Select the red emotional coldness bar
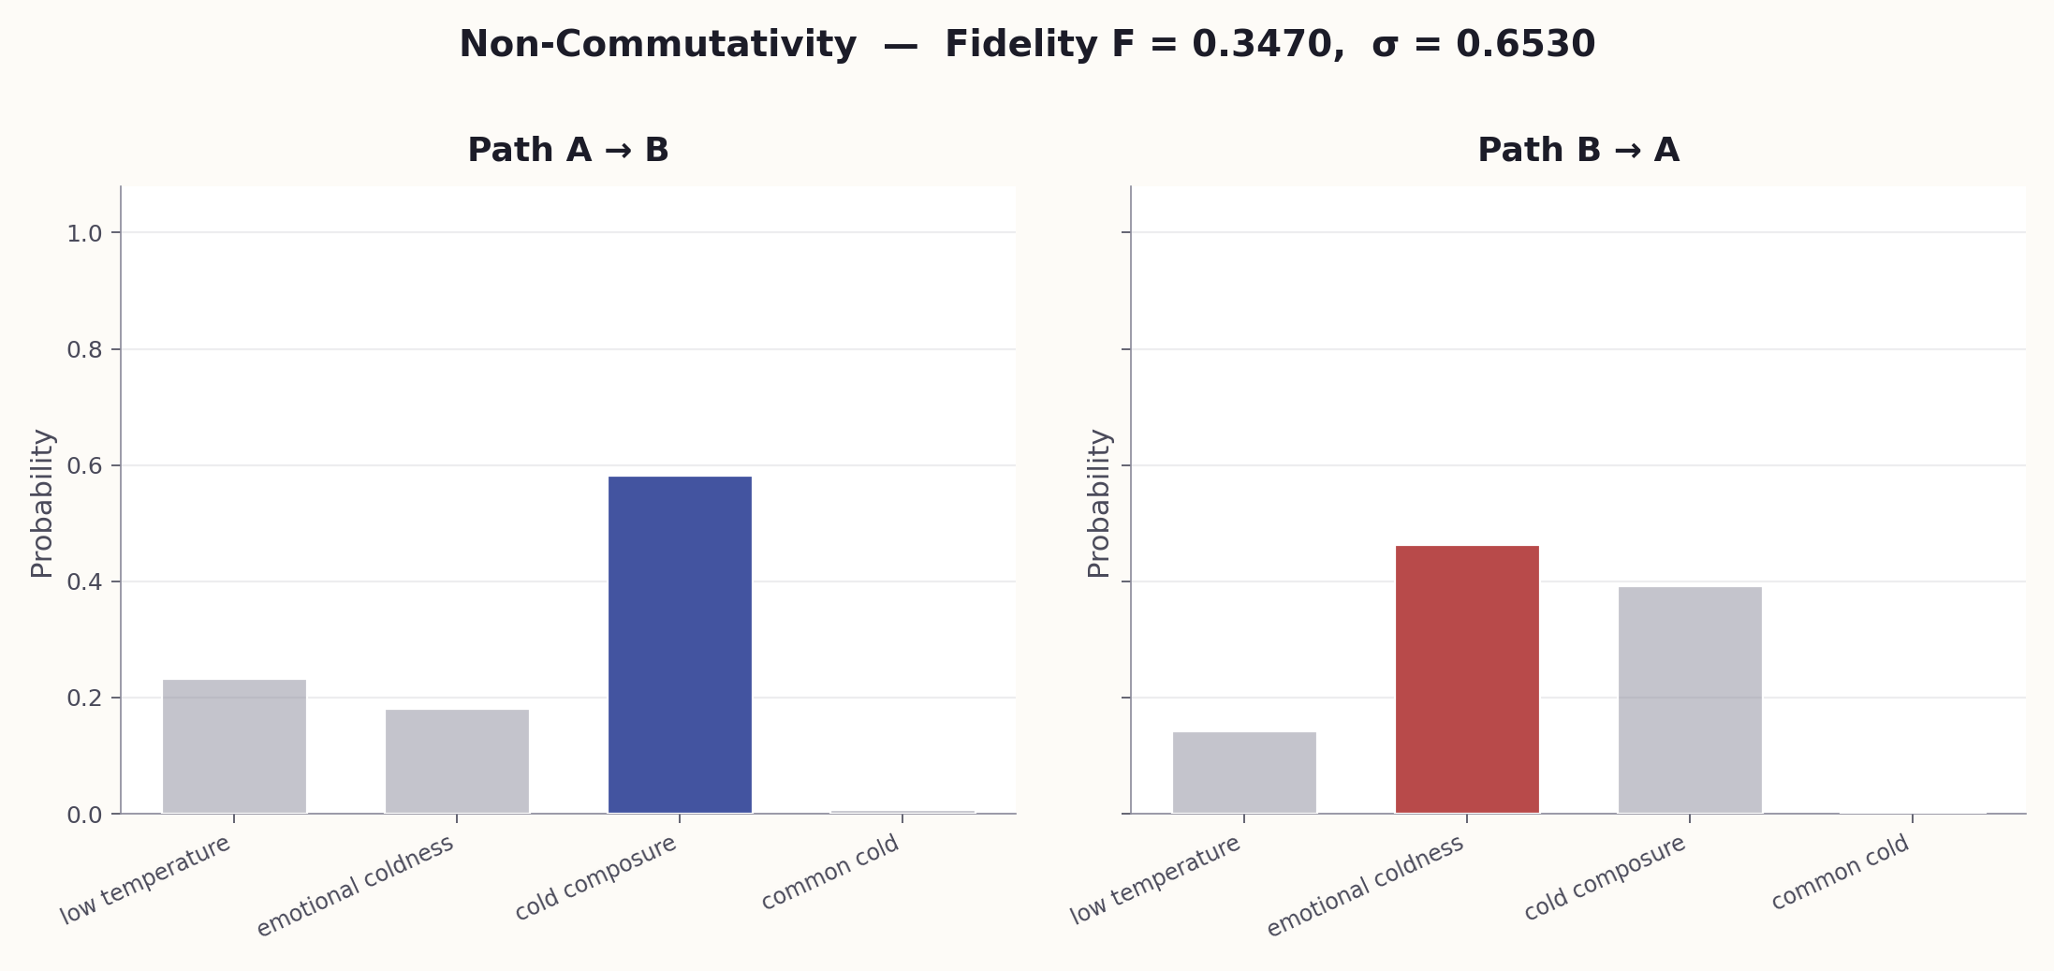[x=1467, y=679]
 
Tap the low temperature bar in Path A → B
[x=234, y=746]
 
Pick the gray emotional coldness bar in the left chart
[x=457, y=761]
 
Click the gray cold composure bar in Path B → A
[x=1690, y=699]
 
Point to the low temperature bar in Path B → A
[x=1244, y=772]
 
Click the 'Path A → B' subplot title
[x=568, y=151]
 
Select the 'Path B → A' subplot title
[x=1578, y=151]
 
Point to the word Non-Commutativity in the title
[x=657, y=45]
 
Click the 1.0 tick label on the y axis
[x=84, y=234]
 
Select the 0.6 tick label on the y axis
[x=84, y=466]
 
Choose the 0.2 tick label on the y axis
[x=84, y=699]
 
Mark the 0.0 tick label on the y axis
[x=84, y=816]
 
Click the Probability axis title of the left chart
[x=42, y=503]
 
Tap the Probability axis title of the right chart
[x=1099, y=503]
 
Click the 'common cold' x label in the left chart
[x=830, y=872]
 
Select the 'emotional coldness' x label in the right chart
[x=1365, y=886]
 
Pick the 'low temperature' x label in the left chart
[x=145, y=880]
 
